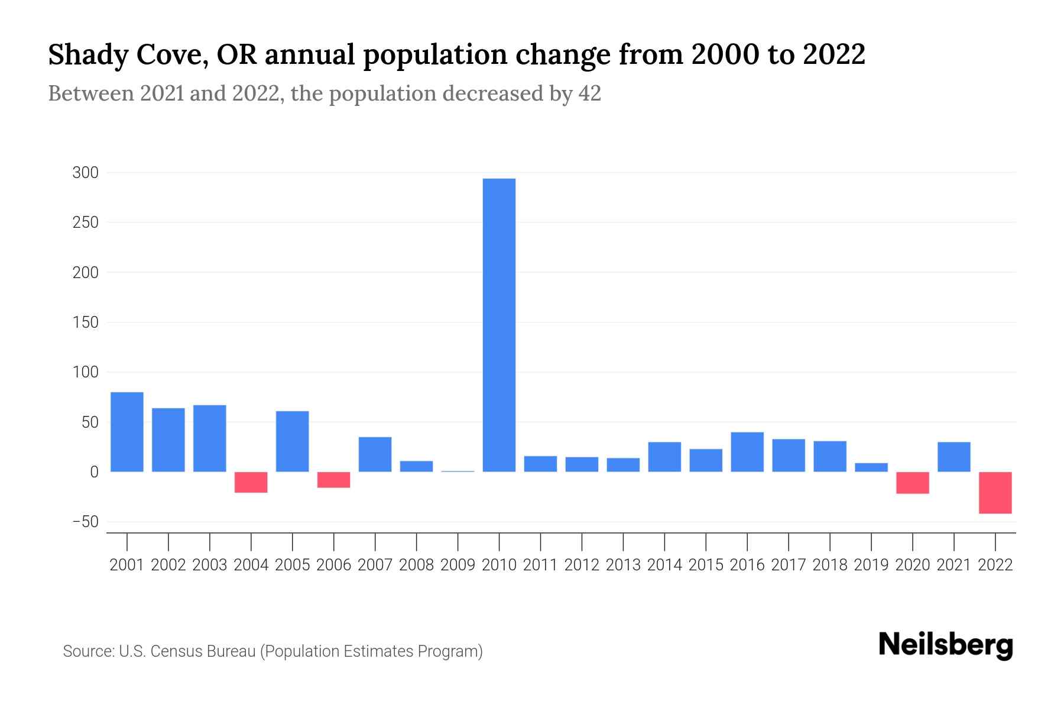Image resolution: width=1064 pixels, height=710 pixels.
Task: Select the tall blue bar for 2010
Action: (x=499, y=325)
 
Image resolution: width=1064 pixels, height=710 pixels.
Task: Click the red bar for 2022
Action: (x=995, y=492)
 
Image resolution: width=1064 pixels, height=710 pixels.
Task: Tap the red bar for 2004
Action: (x=251, y=482)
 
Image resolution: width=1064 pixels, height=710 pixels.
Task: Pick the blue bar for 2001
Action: (x=127, y=432)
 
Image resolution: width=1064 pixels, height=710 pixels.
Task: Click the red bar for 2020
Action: (x=912, y=483)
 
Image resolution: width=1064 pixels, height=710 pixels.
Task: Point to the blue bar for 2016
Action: (x=747, y=452)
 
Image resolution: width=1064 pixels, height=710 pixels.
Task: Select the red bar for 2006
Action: (x=333, y=480)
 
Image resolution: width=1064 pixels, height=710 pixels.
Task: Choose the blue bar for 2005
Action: (x=292, y=441)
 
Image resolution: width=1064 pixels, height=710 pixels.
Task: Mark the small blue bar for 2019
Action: (x=871, y=467)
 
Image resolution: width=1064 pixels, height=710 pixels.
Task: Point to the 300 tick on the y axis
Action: (x=85, y=173)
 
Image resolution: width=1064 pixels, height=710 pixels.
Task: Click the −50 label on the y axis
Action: (x=85, y=522)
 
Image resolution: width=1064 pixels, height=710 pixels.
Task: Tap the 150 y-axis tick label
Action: (x=85, y=322)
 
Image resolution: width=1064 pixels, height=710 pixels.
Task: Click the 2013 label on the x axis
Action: (x=623, y=565)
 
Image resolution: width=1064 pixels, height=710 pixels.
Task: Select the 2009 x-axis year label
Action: (x=458, y=565)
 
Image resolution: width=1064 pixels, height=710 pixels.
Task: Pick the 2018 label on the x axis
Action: (x=829, y=565)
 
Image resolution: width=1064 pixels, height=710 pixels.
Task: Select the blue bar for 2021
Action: (x=953, y=457)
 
